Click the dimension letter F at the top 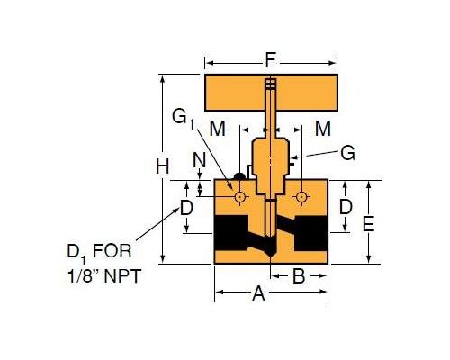coord(271,63)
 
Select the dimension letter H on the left coord(162,166)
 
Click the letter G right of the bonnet coord(347,153)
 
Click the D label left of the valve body coord(186,208)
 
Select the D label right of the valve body coord(344,207)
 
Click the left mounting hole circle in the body coord(240,196)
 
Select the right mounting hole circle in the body coord(301,196)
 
